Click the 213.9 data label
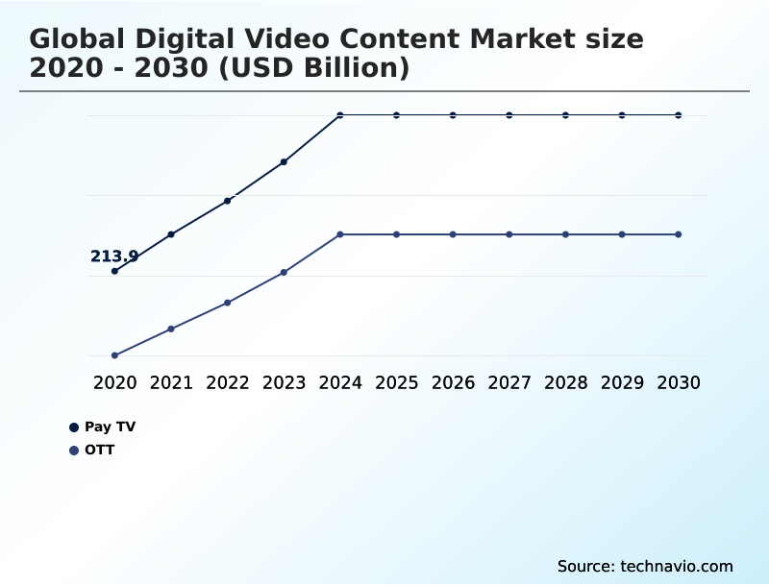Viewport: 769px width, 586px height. [x=114, y=256]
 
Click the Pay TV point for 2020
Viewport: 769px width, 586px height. [x=114, y=271]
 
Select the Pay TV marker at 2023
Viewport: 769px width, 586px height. [x=284, y=161]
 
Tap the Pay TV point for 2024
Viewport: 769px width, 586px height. [x=340, y=115]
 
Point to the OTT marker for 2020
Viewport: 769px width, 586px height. [x=114, y=355]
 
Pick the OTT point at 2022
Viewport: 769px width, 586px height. [x=228, y=303]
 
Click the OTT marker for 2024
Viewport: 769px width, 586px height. [x=340, y=234]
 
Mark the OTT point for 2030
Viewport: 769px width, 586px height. [x=679, y=234]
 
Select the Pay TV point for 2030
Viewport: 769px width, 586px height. [x=679, y=115]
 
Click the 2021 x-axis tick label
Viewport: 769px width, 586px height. [x=171, y=382]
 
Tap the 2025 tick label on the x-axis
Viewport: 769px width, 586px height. [x=397, y=382]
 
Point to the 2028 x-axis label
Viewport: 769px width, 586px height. [x=566, y=382]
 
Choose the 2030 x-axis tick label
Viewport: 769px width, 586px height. [x=679, y=382]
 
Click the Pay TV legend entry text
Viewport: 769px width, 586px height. [x=104, y=427]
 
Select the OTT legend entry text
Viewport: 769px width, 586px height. [x=99, y=450]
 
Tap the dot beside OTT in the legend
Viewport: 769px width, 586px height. [x=74, y=450]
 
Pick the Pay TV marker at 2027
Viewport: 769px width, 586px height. [x=509, y=115]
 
